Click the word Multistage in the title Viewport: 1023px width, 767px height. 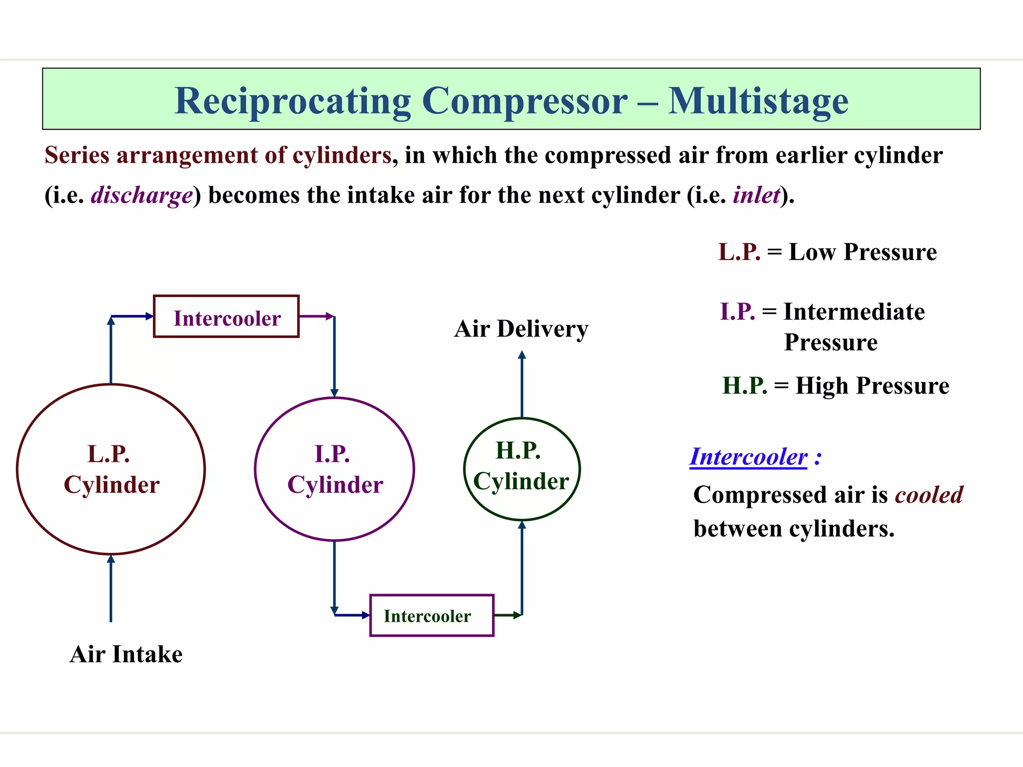758,101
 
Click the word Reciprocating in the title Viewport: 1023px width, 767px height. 293,102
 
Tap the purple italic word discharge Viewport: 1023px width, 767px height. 142,195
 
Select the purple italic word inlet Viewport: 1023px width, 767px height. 756,195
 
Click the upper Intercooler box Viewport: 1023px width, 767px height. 226,317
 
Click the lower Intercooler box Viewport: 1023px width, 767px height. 432,615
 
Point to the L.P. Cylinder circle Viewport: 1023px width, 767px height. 111,469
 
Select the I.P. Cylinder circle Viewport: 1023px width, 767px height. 334,469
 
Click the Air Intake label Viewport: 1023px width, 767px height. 126,654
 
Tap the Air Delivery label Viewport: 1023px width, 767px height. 521,329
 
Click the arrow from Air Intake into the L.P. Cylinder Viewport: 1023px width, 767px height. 111,589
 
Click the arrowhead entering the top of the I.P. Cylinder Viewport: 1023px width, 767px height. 334,393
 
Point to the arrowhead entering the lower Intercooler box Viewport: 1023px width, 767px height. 365,615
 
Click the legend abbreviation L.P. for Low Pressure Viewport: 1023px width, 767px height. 739,252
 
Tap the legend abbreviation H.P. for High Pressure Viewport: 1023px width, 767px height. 744,386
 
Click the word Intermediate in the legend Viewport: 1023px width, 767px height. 854,312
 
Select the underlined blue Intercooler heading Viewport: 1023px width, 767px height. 748,457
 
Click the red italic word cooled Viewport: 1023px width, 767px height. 929,495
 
